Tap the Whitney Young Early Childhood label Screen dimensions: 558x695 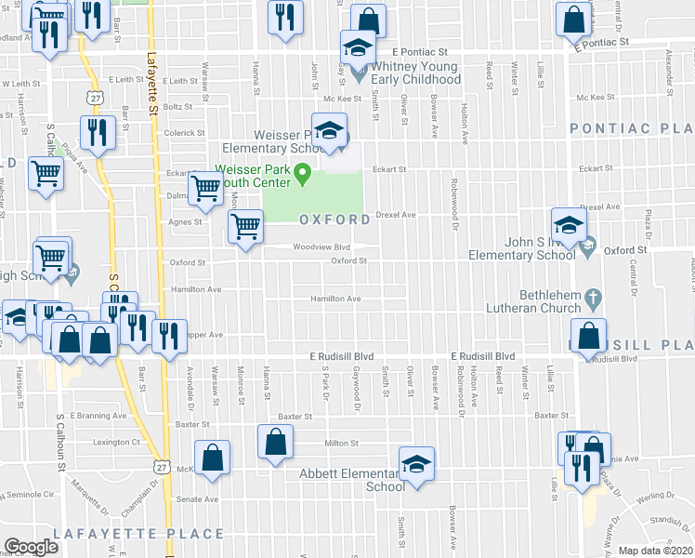pos(415,73)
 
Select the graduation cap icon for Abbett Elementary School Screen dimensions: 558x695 pos(417,464)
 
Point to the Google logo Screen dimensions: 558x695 pos(31,547)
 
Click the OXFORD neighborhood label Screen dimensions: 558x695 pos(334,219)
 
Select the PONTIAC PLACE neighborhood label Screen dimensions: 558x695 pos(631,128)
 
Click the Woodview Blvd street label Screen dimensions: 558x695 pos(321,247)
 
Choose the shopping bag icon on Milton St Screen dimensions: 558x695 pos(276,442)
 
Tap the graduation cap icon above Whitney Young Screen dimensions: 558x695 pos(356,46)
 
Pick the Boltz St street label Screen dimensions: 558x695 pos(177,107)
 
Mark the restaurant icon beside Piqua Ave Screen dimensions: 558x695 pos(96,132)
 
